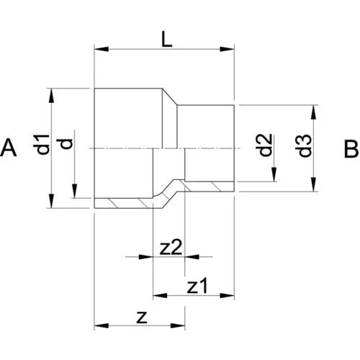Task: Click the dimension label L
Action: coord(166,39)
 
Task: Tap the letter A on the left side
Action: coord(9,148)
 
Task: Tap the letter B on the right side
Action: coord(351,149)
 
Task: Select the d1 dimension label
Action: coord(42,145)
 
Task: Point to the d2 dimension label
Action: coord(264,145)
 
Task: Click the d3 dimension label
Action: coord(305,145)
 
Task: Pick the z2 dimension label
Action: coord(171,248)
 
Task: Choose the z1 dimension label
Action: coord(197,286)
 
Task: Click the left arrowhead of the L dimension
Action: coord(102,49)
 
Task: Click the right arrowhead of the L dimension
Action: coord(227,49)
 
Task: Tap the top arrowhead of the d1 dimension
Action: coord(51,96)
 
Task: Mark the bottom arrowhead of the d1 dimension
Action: coord(51,201)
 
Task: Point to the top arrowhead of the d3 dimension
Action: coord(313,112)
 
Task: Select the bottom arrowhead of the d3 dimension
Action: coord(313,184)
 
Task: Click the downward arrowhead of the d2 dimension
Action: coord(274,174)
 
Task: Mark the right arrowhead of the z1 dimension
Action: coord(227,295)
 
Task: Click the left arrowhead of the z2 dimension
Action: coord(146,257)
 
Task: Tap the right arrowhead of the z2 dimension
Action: coord(192,257)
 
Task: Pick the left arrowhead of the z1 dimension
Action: coord(160,295)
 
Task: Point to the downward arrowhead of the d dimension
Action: coord(75,191)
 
